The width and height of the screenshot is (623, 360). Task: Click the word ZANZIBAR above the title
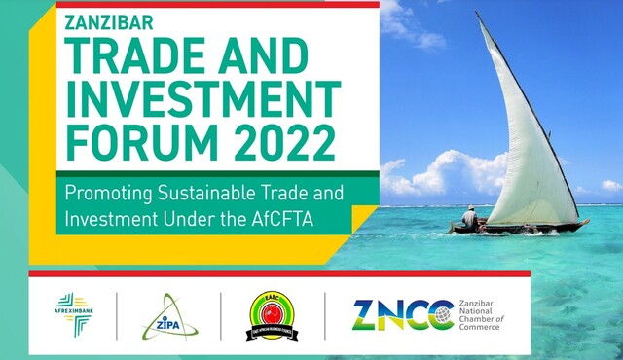pyautogui.click(x=109, y=21)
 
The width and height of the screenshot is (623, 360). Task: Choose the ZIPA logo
pyautogui.click(x=166, y=317)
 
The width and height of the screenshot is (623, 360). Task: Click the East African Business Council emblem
pyautogui.click(x=272, y=315)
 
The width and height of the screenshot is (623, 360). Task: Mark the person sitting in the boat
pyautogui.click(x=471, y=218)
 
